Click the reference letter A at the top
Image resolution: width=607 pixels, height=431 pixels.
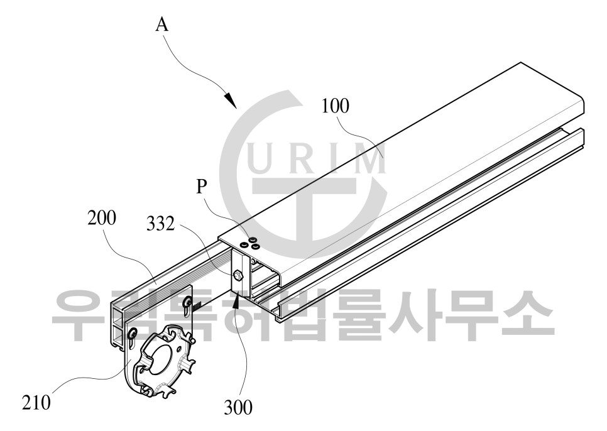[x=163, y=25]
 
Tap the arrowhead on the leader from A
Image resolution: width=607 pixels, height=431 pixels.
[x=231, y=101]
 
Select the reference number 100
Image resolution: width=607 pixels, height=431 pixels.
[x=336, y=106]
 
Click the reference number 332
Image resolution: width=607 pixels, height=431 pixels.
[x=160, y=224]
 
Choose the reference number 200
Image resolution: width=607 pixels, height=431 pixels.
[x=101, y=219]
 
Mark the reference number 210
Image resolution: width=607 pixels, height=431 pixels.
[x=36, y=402]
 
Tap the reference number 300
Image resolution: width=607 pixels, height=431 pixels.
[x=238, y=407]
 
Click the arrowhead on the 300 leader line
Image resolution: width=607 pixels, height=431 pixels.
[x=236, y=298]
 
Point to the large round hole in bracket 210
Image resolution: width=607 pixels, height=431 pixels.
[x=163, y=359]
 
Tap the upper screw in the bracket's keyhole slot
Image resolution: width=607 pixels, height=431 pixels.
[x=188, y=300]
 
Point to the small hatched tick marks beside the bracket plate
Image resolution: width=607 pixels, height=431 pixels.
[x=197, y=306]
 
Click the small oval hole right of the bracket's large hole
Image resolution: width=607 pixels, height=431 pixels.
[x=178, y=349]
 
